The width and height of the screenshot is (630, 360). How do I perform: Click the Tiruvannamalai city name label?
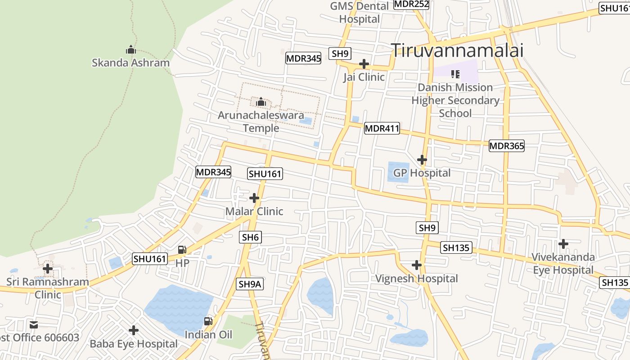pos(457,50)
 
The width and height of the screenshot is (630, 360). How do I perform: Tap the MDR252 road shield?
pos(411,4)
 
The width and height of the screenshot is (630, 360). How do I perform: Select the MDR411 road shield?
pos(382,128)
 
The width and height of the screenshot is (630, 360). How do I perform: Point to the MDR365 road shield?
pos(507,146)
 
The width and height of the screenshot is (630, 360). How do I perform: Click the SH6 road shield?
pos(251,237)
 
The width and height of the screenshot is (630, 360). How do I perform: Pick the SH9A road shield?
pos(249,284)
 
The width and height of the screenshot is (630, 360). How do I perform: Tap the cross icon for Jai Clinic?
pos(364,64)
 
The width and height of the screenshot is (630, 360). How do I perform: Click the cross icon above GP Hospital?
pos(422,160)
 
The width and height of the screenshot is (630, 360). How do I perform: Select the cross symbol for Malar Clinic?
pos(254,198)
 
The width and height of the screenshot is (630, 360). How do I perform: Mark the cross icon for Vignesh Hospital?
pos(417,265)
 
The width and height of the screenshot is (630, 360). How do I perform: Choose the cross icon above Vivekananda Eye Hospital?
pos(563,244)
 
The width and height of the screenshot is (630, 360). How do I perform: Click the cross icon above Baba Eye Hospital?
pos(134,330)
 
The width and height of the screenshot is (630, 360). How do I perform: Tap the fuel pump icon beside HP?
pos(182,249)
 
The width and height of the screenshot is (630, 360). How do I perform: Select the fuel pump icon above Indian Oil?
pos(208,321)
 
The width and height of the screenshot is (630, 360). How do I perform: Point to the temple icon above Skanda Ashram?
pos(131,49)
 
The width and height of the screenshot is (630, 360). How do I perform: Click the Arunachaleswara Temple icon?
pos(261,103)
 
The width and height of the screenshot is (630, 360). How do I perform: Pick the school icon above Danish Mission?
pos(455,74)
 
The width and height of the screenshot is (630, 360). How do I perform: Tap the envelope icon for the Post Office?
pos(34,324)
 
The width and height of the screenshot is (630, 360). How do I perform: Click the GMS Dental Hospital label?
pos(360,13)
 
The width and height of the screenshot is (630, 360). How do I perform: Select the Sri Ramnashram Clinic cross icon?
pos(48,269)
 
